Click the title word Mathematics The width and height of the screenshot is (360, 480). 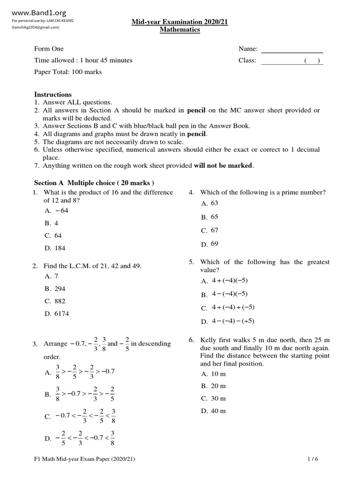point(180,30)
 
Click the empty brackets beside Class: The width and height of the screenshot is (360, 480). point(312,60)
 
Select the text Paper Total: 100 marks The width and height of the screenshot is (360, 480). point(67,72)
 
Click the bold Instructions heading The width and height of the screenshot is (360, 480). point(53,95)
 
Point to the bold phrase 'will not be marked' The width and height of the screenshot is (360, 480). point(223,165)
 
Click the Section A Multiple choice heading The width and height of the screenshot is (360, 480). point(94,182)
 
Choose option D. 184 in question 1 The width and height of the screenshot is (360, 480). point(55,248)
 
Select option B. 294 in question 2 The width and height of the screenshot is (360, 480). point(55,289)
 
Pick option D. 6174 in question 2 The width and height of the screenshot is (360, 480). point(57,314)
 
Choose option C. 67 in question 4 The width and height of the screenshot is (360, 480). point(210,231)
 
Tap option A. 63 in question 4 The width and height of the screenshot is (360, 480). point(210,203)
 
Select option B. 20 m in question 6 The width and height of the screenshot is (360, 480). point(213,386)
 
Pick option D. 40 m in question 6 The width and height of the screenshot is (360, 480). point(213,411)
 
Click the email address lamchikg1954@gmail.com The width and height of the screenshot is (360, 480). point(36,28)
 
